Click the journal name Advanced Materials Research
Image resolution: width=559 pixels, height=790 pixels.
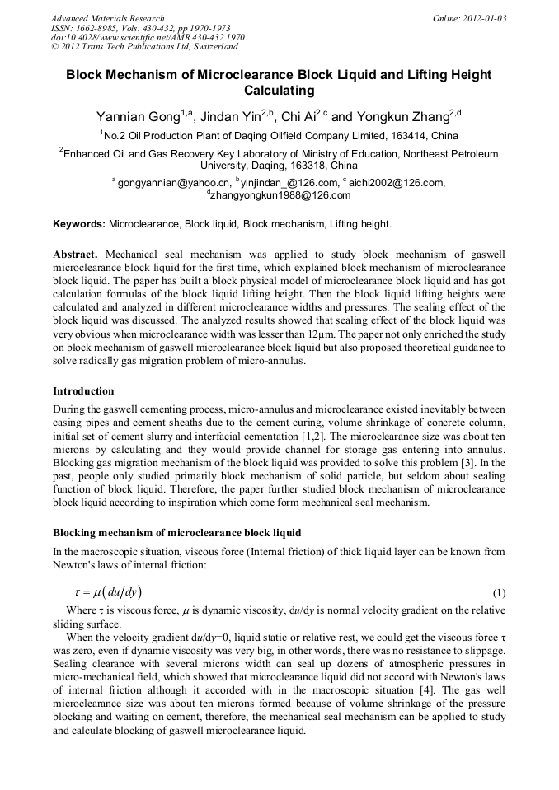(x=108, y=18)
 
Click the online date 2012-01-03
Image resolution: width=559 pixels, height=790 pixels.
(x=481, y=18)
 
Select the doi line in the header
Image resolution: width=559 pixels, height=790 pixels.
(x=148, y=38)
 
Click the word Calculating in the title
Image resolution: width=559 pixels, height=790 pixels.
(x=279, y=91)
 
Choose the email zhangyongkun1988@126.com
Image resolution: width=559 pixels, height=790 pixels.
(x=281, y=196)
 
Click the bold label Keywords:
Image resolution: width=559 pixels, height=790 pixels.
(x=79, y=224)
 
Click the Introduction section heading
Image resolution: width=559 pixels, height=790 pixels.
(x=83, y=391)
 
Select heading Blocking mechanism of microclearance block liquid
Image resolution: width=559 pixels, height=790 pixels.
(x=176, y=533)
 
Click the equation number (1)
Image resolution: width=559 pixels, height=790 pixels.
(x=498, y=593)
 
